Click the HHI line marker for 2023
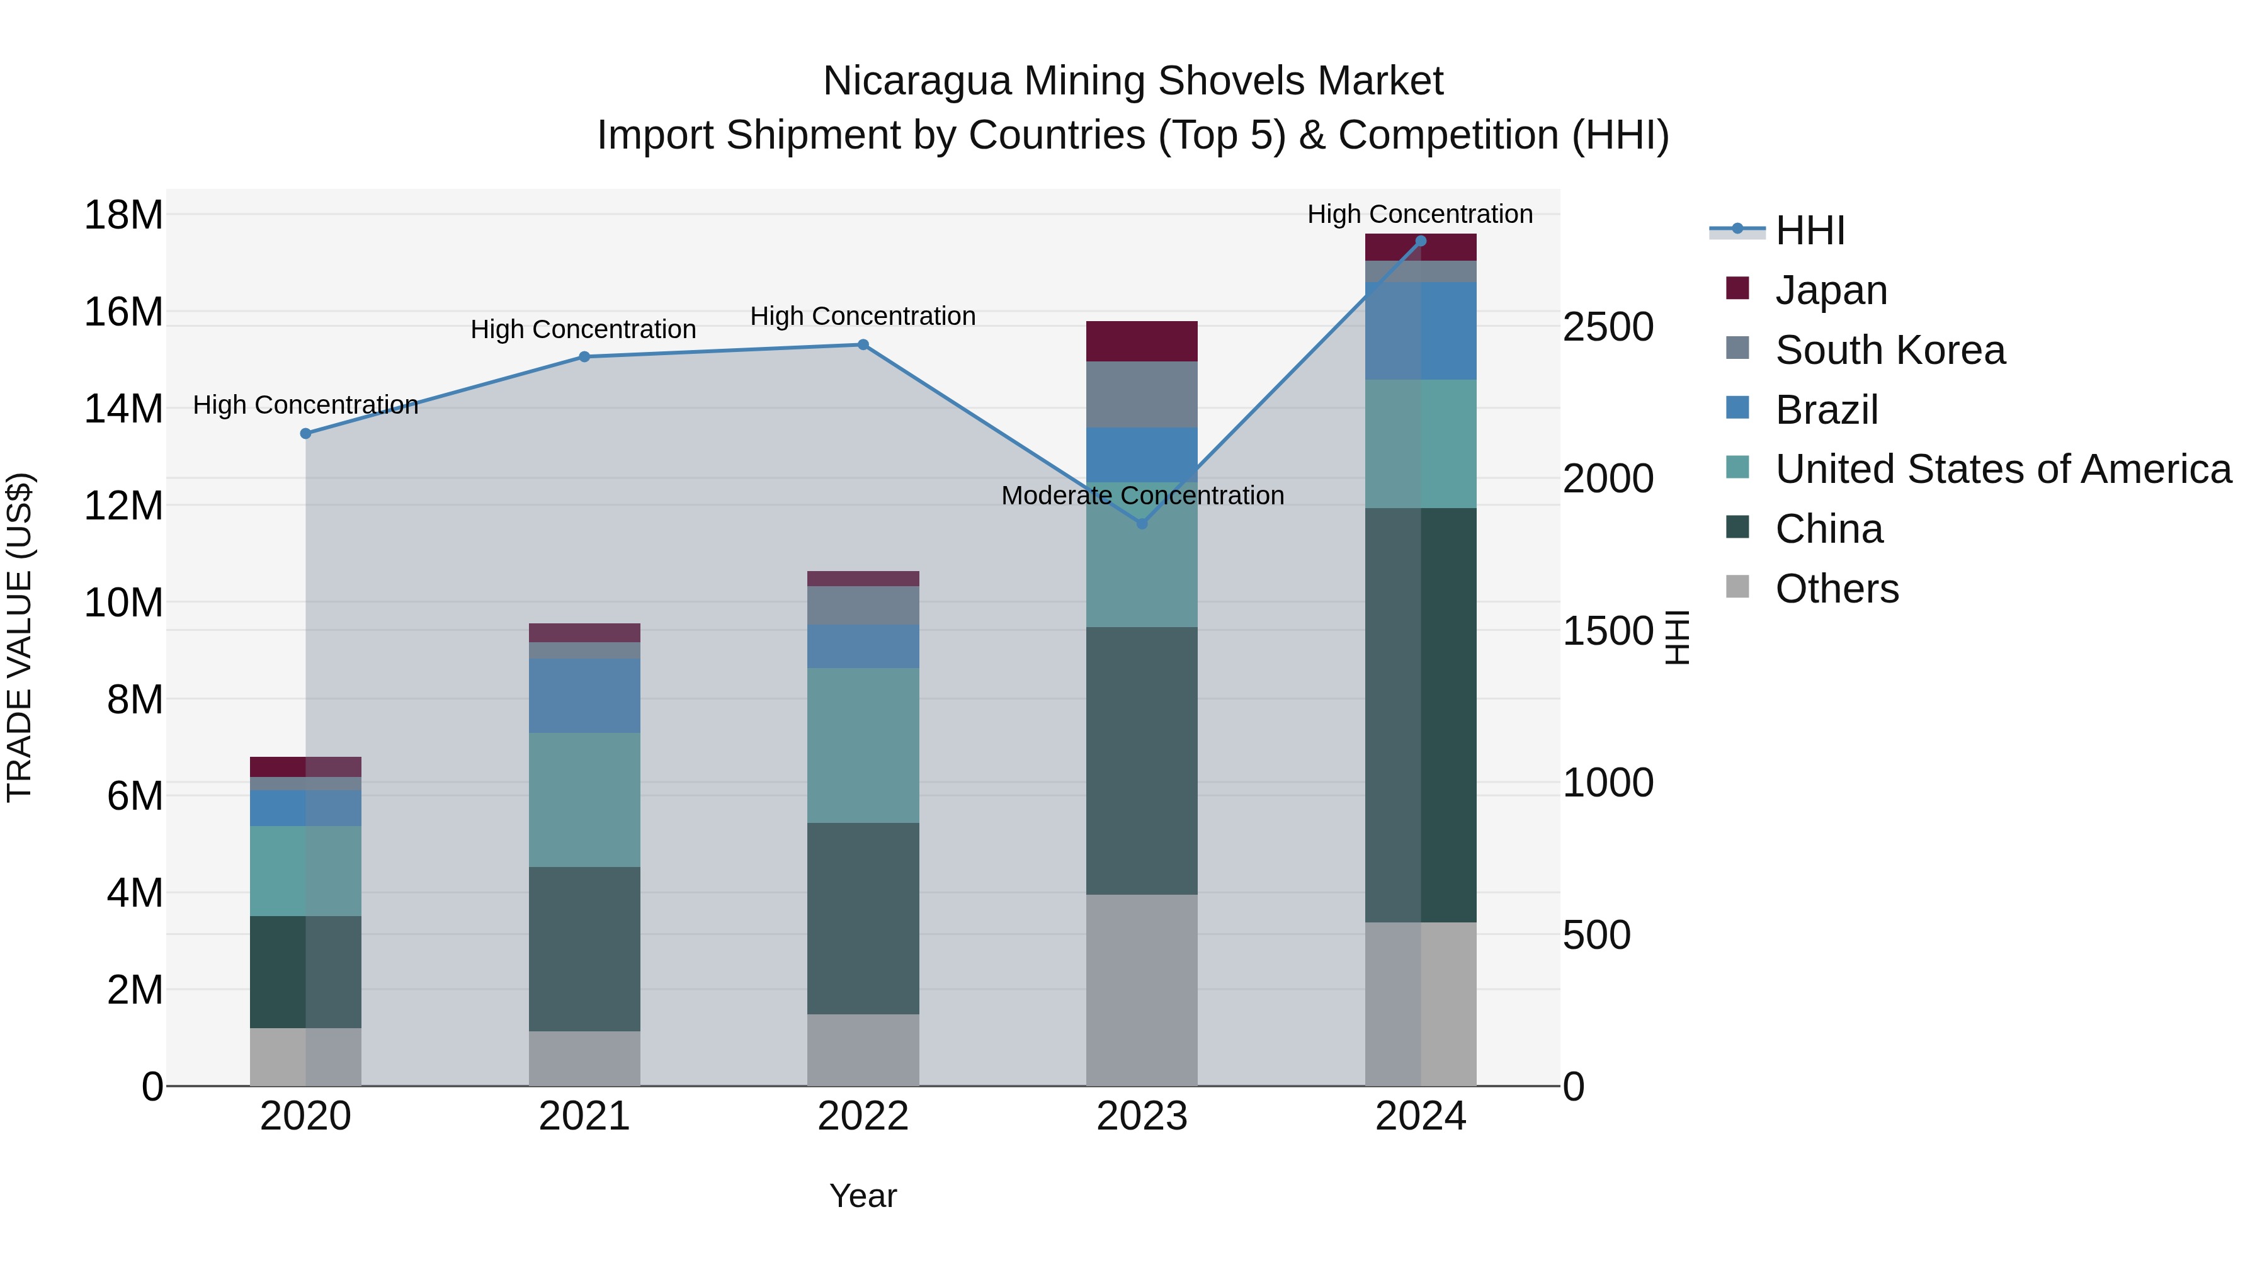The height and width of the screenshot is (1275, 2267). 1142,524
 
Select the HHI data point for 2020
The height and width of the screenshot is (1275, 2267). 305,434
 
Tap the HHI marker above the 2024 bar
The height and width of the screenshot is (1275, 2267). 1421,241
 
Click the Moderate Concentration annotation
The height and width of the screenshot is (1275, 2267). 1142,496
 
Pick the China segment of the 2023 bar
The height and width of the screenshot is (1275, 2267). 1142,761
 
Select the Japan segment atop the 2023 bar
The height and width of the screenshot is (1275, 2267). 1142,341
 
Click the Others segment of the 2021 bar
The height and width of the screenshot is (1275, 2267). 584,1058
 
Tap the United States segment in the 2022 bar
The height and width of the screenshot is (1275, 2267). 863,745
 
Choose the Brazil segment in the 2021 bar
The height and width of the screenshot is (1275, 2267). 584,696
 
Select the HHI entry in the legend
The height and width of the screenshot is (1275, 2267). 1809,230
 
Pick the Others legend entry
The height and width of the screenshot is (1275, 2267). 1837,589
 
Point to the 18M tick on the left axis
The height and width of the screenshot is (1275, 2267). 123,215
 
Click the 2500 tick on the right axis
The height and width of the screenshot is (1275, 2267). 1608,327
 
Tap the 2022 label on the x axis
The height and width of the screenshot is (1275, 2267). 863,1116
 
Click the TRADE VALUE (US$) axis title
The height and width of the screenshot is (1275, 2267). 20,637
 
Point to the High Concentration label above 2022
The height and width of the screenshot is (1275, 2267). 863,317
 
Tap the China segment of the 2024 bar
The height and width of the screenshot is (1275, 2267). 1421,715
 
